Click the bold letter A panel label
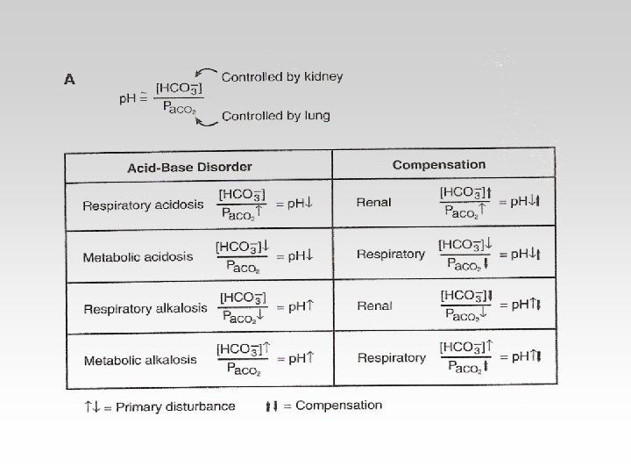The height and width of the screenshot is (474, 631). [x=69, y=78]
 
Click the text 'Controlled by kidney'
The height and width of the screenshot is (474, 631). [x=281, y=77]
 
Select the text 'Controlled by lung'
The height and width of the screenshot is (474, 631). [x=275, y=116]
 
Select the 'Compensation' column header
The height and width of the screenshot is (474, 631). [x=438, y=164]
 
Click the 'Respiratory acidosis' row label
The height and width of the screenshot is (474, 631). [x=143, y=206]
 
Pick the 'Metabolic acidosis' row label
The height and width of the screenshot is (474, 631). [x=138, y=257]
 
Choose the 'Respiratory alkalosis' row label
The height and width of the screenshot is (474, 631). [x=145, y=308]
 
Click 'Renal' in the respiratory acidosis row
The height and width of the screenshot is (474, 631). [x=373, y=203]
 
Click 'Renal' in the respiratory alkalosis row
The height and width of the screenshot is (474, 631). [x=375, y=306]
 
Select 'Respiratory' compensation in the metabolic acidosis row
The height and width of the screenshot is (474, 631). [x=391, y=255]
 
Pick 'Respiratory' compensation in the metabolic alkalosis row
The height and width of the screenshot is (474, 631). [x=392, y=358]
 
